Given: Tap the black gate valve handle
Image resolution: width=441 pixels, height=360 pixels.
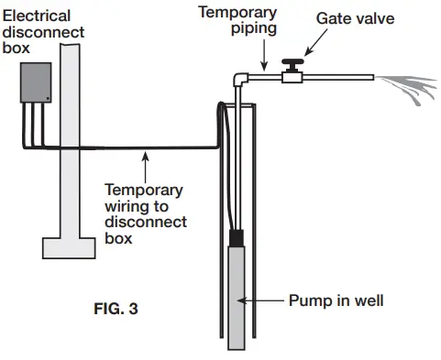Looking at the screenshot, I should [293, 67].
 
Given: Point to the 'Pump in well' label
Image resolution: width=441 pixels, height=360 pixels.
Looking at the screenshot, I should [336, 300].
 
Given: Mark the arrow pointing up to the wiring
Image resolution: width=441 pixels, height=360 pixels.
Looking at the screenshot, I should [144, 167].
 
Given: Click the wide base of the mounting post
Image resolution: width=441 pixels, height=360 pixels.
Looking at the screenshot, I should [70, 245].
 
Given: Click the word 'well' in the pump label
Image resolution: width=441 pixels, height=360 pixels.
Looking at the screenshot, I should [366, 300].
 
